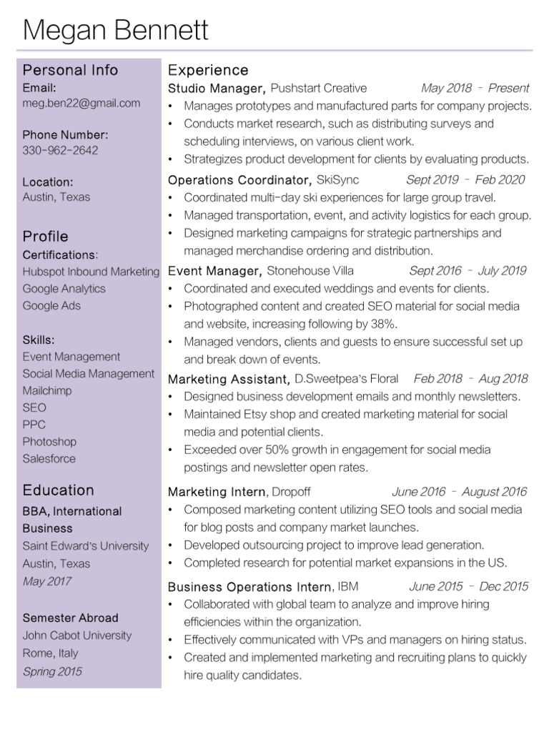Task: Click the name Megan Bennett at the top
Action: (x=116, y=30)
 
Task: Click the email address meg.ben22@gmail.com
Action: (x=81, y=103)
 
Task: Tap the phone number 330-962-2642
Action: (x=60, y=150)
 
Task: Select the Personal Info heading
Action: (x=70, y=70)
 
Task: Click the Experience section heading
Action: (x=208, y=70)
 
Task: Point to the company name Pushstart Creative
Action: (x=319, y=89)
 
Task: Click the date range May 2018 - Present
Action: (x=475, y=89)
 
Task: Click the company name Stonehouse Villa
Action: (x=310, y=271)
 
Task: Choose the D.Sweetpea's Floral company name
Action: (x=347, y=379)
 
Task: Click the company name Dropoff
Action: (x=291, y=492)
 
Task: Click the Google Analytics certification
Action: (x=64, y=289)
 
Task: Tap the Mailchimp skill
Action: (x=47, y=391)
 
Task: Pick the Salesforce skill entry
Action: (x=49, y=459)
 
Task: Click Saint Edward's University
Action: (x=86, y=546)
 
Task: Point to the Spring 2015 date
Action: (x=52, y=671)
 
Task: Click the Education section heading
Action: (x=58, y=490)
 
